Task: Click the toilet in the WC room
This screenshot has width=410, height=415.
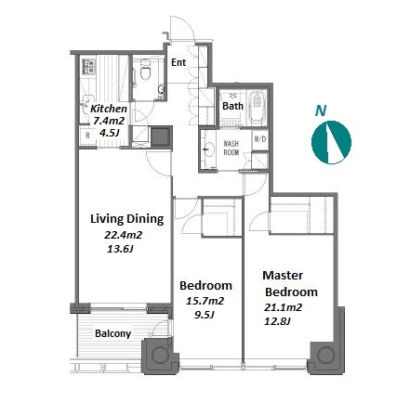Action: tap(145, 70)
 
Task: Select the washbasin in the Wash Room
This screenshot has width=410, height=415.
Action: tap(209, 149)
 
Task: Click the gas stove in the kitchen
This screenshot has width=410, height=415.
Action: tap(89, 67)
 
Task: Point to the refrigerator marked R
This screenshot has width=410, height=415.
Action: tap(87, 136)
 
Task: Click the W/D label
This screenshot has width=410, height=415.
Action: tap(260, 139)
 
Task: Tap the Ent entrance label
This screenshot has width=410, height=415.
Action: tap(179, 62)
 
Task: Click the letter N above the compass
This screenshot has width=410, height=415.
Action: tap(321, 110)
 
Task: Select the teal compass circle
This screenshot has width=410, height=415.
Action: tap(331, 142)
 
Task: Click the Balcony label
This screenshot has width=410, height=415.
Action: tap(113, 333)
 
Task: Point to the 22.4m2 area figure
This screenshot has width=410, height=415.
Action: tap(123, 235)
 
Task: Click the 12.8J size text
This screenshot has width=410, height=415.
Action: tap(277, 321)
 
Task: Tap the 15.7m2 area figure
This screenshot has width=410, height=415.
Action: tap(205, 301)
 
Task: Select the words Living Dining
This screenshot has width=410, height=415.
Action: tap(127, 219)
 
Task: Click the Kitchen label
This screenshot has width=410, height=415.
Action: tap(109, 109)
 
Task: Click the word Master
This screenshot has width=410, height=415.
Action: tap(283, 275)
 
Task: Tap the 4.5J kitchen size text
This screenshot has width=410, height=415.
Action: tap(109, 133)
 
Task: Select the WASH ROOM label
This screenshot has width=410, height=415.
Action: tap(231, 148)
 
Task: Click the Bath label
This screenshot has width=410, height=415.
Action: tap(232, 106)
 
